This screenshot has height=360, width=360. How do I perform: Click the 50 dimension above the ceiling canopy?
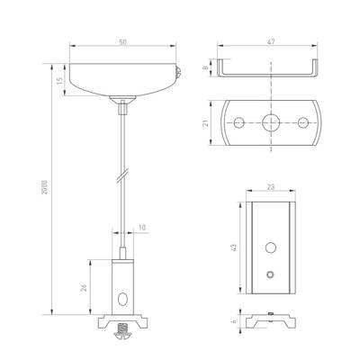point(122,42)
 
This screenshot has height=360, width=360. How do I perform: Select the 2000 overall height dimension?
point(44,187)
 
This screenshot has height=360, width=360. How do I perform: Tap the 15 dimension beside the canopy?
point(59,80)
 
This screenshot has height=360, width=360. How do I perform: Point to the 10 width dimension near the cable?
point(142,228)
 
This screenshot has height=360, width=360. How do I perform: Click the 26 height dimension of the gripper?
point(85,288)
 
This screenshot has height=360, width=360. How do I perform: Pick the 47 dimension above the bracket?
point(271,41)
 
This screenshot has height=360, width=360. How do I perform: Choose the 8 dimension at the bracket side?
point(205,67)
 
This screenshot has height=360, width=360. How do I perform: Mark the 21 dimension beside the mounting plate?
point(205,123)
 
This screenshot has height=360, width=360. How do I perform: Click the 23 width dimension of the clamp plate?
point(271,187)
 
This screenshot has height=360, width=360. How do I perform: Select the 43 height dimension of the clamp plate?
point(234,247)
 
